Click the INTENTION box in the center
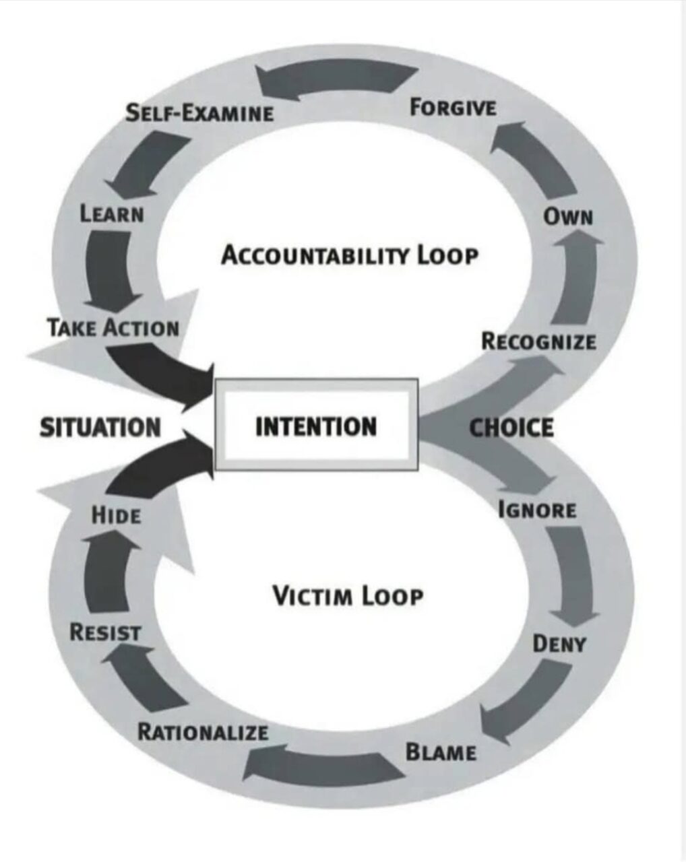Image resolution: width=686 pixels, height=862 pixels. coord(316,426)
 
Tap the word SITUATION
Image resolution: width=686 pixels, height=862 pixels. coord(100,428)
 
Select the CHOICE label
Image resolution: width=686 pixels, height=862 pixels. coord(511,428)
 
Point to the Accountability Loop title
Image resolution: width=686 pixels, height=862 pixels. coord(350,256)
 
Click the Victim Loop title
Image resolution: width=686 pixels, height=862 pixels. coord(348,595)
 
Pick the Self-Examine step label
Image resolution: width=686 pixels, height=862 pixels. coord(200,112)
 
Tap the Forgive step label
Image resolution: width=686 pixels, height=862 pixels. coord(453,107)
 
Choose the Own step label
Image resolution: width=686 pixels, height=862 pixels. coord(568,217)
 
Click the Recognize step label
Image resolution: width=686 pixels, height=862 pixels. coord(538,341)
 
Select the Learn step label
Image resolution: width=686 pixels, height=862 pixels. coord(112,214)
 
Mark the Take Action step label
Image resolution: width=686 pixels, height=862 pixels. coord(113,328)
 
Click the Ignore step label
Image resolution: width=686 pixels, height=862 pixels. coord(537,510)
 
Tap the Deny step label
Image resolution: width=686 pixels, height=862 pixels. coord(559,644)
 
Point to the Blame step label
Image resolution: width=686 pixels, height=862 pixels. coord(441,752)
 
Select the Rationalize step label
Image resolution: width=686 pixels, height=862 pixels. coord(203,732)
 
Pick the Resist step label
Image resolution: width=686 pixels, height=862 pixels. coord(106,632)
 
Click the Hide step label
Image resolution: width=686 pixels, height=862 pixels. coord(117,516)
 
